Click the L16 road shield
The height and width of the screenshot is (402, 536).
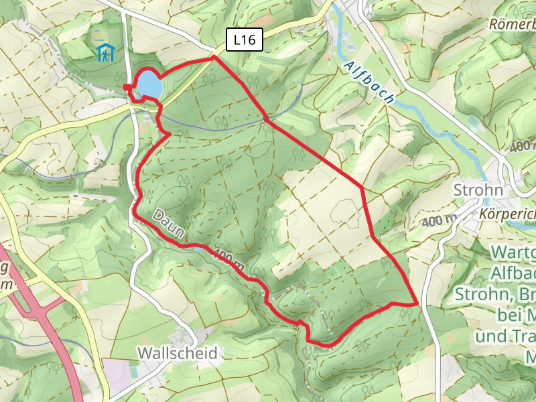244,40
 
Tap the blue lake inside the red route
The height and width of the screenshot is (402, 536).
149,85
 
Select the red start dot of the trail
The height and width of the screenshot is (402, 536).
127,87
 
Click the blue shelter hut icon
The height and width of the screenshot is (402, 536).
105,52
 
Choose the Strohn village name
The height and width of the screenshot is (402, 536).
478,190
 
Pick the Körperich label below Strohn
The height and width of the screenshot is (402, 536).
508,214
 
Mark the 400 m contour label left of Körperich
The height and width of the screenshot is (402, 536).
440,220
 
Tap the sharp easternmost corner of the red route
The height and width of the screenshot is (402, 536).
417,304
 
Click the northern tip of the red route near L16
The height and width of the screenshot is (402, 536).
214,58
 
